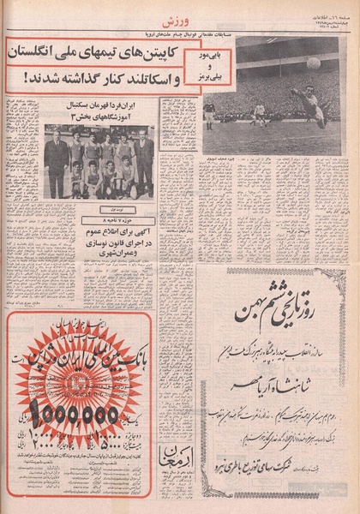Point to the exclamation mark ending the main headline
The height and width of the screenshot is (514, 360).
[x=15, y=82]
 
